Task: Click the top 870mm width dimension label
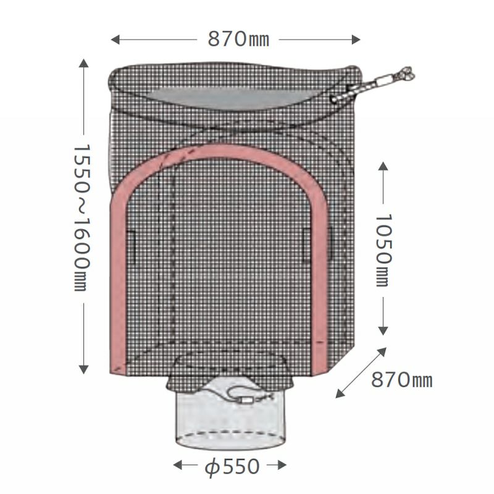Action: pyautogui.click(x=238, y=40)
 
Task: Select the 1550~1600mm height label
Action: pyautogui.click(x=82, y=218)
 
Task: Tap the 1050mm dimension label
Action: pyautogui.click(x=383, y=251)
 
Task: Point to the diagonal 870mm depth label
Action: pyautogui.click(x=402, y=380)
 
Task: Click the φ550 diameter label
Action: pyautogui.click(x=232, y=467)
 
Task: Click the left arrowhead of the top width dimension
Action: pyautogui.click(x=115, y=40)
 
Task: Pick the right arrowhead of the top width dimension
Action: pyautogui.click(x=356, y=40)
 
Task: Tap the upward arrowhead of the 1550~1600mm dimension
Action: pyautogui.click(x=83, y=63)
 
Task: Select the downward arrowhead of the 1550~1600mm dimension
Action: pyautogui.click(x=83, y=369)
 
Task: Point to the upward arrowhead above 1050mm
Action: pyautogui.click(x=383, y=166)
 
